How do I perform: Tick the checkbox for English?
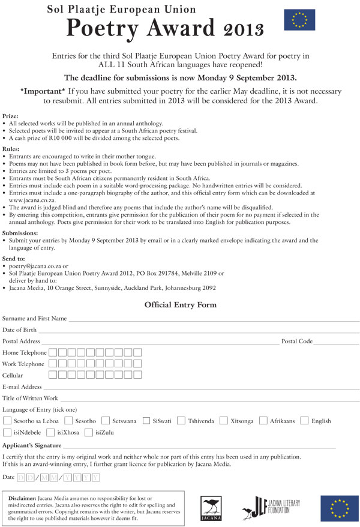coord(304,421)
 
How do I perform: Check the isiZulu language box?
coord(90,432)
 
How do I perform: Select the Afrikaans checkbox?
coord(263,421)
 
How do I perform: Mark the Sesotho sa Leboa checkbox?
coord(7,421)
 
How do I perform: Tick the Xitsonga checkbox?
coord(223,421)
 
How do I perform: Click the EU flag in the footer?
coord(339,508)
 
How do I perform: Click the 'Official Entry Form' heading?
coord(180,305)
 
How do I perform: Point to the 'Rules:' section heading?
coord(11,148)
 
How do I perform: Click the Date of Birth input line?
coord(198,331)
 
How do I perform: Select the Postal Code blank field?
coord(336,342)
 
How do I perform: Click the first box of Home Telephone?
coord(53,352)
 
